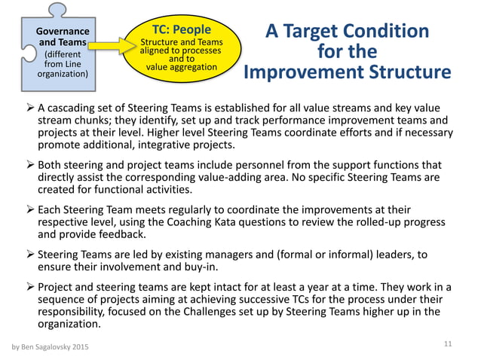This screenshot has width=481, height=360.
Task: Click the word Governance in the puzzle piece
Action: (x=63, y=32)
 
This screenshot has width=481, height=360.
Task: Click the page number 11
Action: (x=447, y=343)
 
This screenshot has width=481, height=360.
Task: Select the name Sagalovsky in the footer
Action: (x=58, y=347)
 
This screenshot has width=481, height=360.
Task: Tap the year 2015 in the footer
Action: (x=96, y=347)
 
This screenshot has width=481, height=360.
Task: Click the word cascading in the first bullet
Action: (x=74, y=108)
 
